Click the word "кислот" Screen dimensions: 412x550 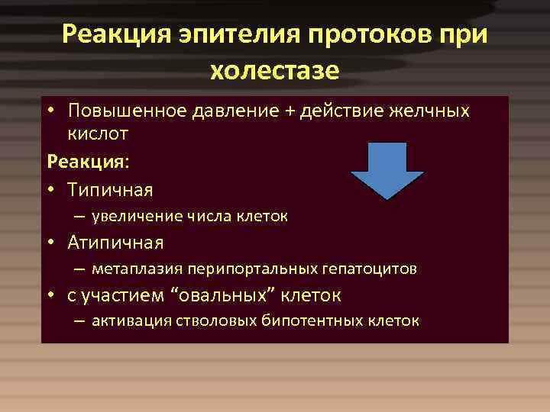point(97,134)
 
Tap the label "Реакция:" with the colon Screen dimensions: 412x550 point(78,162)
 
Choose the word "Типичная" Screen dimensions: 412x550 point(110,189)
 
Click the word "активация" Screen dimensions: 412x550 point(131,320)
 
